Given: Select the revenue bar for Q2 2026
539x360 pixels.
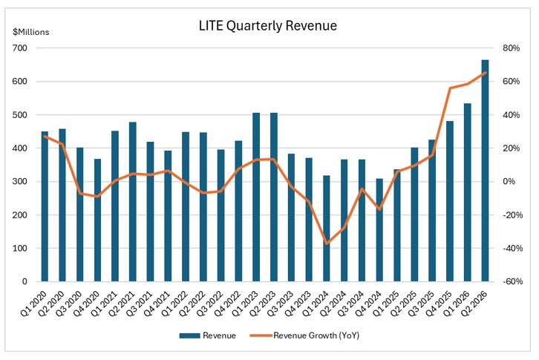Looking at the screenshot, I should point(485,171).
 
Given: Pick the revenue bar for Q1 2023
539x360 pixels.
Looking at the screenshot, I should point(256,197).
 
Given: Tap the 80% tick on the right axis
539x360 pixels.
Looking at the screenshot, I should point(511,48).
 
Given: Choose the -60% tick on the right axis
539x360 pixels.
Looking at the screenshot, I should point(512,282).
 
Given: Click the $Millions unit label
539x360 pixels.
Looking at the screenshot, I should point(27,32).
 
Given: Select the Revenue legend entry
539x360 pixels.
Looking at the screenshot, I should point(207,336).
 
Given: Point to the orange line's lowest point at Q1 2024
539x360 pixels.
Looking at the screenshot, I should point(327,243).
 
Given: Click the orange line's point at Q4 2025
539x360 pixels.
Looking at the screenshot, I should point(450,88).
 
